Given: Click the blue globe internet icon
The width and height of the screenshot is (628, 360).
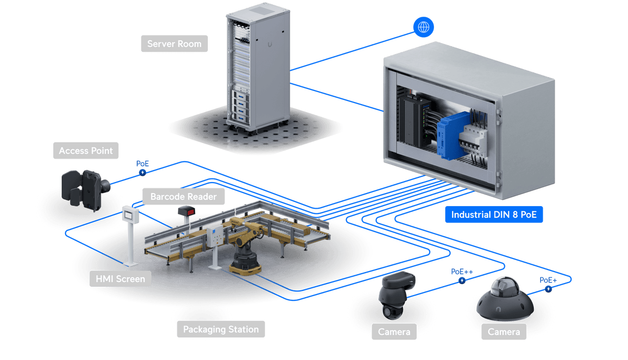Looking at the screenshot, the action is [423, 27].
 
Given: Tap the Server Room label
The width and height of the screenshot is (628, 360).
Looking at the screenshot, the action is [174, 43].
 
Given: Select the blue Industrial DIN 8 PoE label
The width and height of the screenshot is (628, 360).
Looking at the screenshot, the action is [494, 215].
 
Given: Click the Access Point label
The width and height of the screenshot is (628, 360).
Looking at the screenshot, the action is [86, 151].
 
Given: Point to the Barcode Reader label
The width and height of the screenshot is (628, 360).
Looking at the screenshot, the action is [183, 196].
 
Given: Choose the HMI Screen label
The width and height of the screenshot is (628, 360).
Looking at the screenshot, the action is [120, 279].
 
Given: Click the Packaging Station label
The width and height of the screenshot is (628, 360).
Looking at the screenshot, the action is [221, 329].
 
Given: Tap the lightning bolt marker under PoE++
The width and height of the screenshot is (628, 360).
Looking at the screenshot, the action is [462, 280].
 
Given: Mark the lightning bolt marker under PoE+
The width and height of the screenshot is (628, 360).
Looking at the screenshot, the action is [548, 289].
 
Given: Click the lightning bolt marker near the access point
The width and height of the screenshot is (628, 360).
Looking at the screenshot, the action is [142, 173].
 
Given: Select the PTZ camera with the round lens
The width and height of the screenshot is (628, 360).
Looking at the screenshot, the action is [396, 296].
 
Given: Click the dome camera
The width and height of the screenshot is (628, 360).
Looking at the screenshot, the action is [504, 300].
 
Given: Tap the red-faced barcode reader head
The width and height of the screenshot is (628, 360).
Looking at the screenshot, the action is [187, 211].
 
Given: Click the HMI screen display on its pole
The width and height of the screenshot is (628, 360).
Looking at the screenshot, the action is [130, 215].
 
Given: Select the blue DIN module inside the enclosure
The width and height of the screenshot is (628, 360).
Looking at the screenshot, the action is [452, 136].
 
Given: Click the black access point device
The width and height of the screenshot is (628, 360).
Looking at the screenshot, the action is [85, 189].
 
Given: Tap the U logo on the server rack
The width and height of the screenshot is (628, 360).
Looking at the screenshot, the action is [270, 44].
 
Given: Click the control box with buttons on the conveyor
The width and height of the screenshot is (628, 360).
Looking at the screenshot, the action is [215, 236].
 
